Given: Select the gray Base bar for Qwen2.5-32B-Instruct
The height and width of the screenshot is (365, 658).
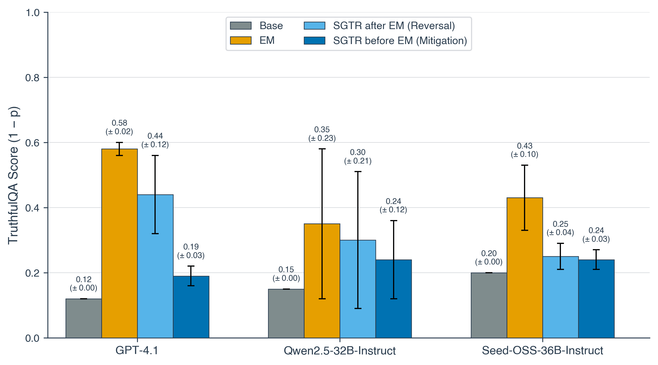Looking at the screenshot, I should point(286,313).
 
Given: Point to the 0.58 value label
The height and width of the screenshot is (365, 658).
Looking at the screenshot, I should point(119,123).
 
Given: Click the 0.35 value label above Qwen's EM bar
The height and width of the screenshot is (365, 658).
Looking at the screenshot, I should point(322,130).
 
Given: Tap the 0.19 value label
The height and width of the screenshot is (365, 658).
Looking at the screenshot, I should point(191,247).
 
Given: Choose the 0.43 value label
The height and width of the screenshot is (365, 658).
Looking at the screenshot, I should point(525,146).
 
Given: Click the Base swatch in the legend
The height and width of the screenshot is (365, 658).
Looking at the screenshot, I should point(241,26).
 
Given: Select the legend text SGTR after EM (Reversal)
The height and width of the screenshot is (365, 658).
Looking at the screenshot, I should point(394,26).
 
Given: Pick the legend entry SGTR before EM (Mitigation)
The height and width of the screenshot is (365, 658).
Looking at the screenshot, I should point(400,41).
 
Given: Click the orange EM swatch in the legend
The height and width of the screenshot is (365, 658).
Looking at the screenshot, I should point(241,40).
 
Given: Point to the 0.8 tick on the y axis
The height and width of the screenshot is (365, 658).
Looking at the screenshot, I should point(32,78).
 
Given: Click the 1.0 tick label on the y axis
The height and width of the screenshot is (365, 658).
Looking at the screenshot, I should point(32,13).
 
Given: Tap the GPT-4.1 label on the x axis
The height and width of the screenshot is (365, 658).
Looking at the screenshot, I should point(137,351).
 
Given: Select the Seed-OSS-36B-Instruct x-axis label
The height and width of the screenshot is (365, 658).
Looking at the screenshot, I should point(542,351).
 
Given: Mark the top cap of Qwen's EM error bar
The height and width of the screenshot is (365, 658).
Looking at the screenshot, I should point(322,149).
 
